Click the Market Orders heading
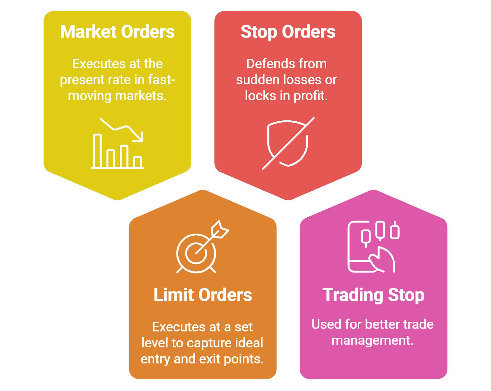(x=117, y=32)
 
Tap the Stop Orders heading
(x=288, y=32)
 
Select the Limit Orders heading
(x=203, y=295)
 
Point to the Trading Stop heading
(x=373, y=295)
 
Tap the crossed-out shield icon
(x=288, y=143)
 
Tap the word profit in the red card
(x=311, y=96)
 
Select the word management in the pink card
(x=372, y=341)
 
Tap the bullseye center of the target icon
(x=196, y=254)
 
